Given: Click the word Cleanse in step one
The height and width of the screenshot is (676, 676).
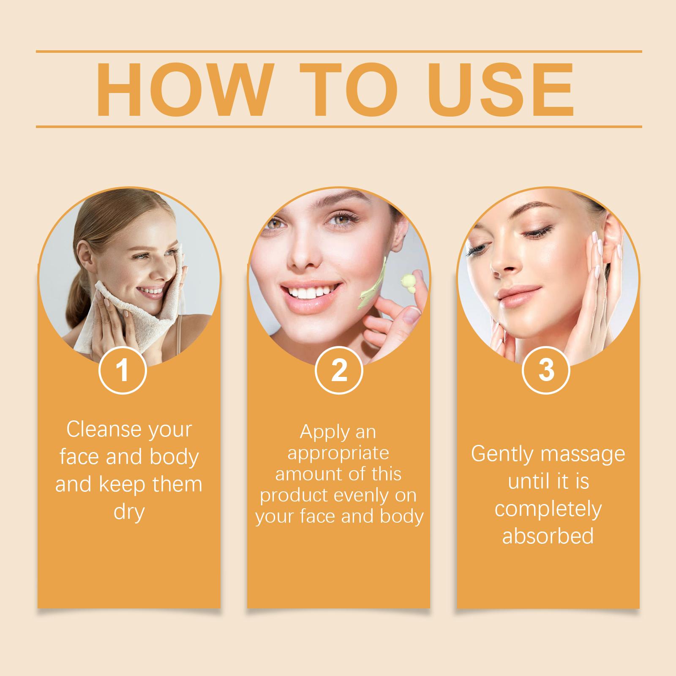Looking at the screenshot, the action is click(x=99, y=429).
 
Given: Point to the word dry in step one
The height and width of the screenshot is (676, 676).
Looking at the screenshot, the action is click(x=129, y=512).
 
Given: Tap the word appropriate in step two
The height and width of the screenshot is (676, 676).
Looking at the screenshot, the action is click(x=338, y=453).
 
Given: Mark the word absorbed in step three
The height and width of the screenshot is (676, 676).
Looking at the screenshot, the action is click(x=548, y=536).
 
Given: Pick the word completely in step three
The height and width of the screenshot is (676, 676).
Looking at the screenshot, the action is click(x=548, y=509).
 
